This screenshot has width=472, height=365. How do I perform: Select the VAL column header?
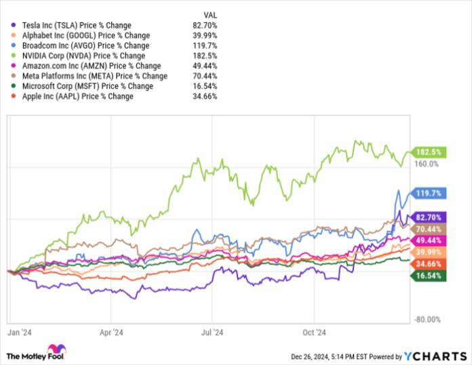click(210, 14)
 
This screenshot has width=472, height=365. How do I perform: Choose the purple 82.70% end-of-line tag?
click(425, 217)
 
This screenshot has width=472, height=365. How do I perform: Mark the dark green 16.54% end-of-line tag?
click(425, 276)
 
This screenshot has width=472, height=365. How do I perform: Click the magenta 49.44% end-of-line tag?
click(425, 240)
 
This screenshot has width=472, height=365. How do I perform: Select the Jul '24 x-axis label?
click(213, 332)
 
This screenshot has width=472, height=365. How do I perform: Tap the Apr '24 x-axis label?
click(111, 332)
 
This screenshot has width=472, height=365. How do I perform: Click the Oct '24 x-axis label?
click(315, 332)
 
